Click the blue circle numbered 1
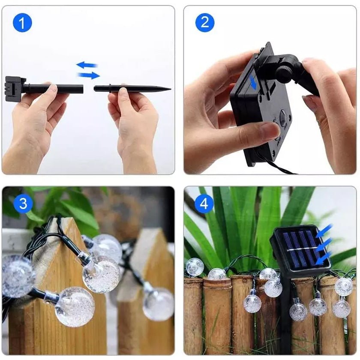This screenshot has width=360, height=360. [x=22, y=23]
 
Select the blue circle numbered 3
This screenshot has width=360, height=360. [x=23, y=204]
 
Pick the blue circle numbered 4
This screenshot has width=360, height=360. [x=204, y=204]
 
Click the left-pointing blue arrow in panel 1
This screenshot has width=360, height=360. [x=87, y=65]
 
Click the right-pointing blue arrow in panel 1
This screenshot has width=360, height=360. [x=89, y=75]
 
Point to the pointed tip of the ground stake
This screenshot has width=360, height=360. [x=171, y=89]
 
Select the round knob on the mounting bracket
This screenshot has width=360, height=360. [x=285, y=73]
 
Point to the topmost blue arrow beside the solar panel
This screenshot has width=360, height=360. [x=324, y=230]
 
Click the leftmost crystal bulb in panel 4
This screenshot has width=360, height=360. [x=195, y=267]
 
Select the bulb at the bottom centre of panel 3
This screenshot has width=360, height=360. [x=75, y=307]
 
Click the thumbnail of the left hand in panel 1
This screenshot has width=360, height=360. [x=53, y=89]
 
